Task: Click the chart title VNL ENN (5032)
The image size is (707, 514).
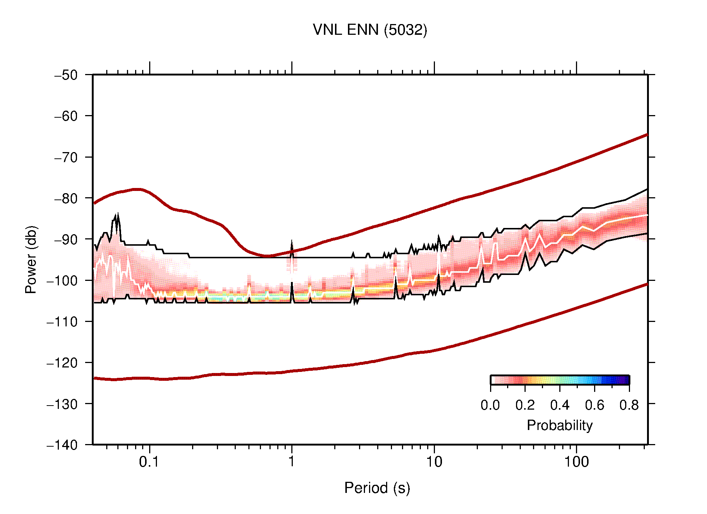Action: (370, 30)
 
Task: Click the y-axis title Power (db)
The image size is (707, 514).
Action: (31, 259)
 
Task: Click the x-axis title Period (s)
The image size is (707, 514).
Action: (377, 488)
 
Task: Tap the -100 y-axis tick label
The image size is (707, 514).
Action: (62, 280)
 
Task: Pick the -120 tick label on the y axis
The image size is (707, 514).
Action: (62, 363)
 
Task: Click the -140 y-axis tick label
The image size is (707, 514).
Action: (62, 445)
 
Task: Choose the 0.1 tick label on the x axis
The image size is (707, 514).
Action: (149, 462)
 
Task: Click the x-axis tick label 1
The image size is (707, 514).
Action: (292, 462)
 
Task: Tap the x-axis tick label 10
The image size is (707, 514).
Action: (434, 462)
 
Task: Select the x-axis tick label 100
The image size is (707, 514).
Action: (576, 462)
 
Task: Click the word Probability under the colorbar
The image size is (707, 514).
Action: (559, 426)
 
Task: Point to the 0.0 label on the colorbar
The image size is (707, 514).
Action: (490, 405)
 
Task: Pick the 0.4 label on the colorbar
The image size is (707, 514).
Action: (560, 405)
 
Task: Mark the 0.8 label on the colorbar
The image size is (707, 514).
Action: (629, 405)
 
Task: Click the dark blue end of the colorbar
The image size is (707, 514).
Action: (626, 380)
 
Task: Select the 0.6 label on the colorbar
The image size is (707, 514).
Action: (594, 405)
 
